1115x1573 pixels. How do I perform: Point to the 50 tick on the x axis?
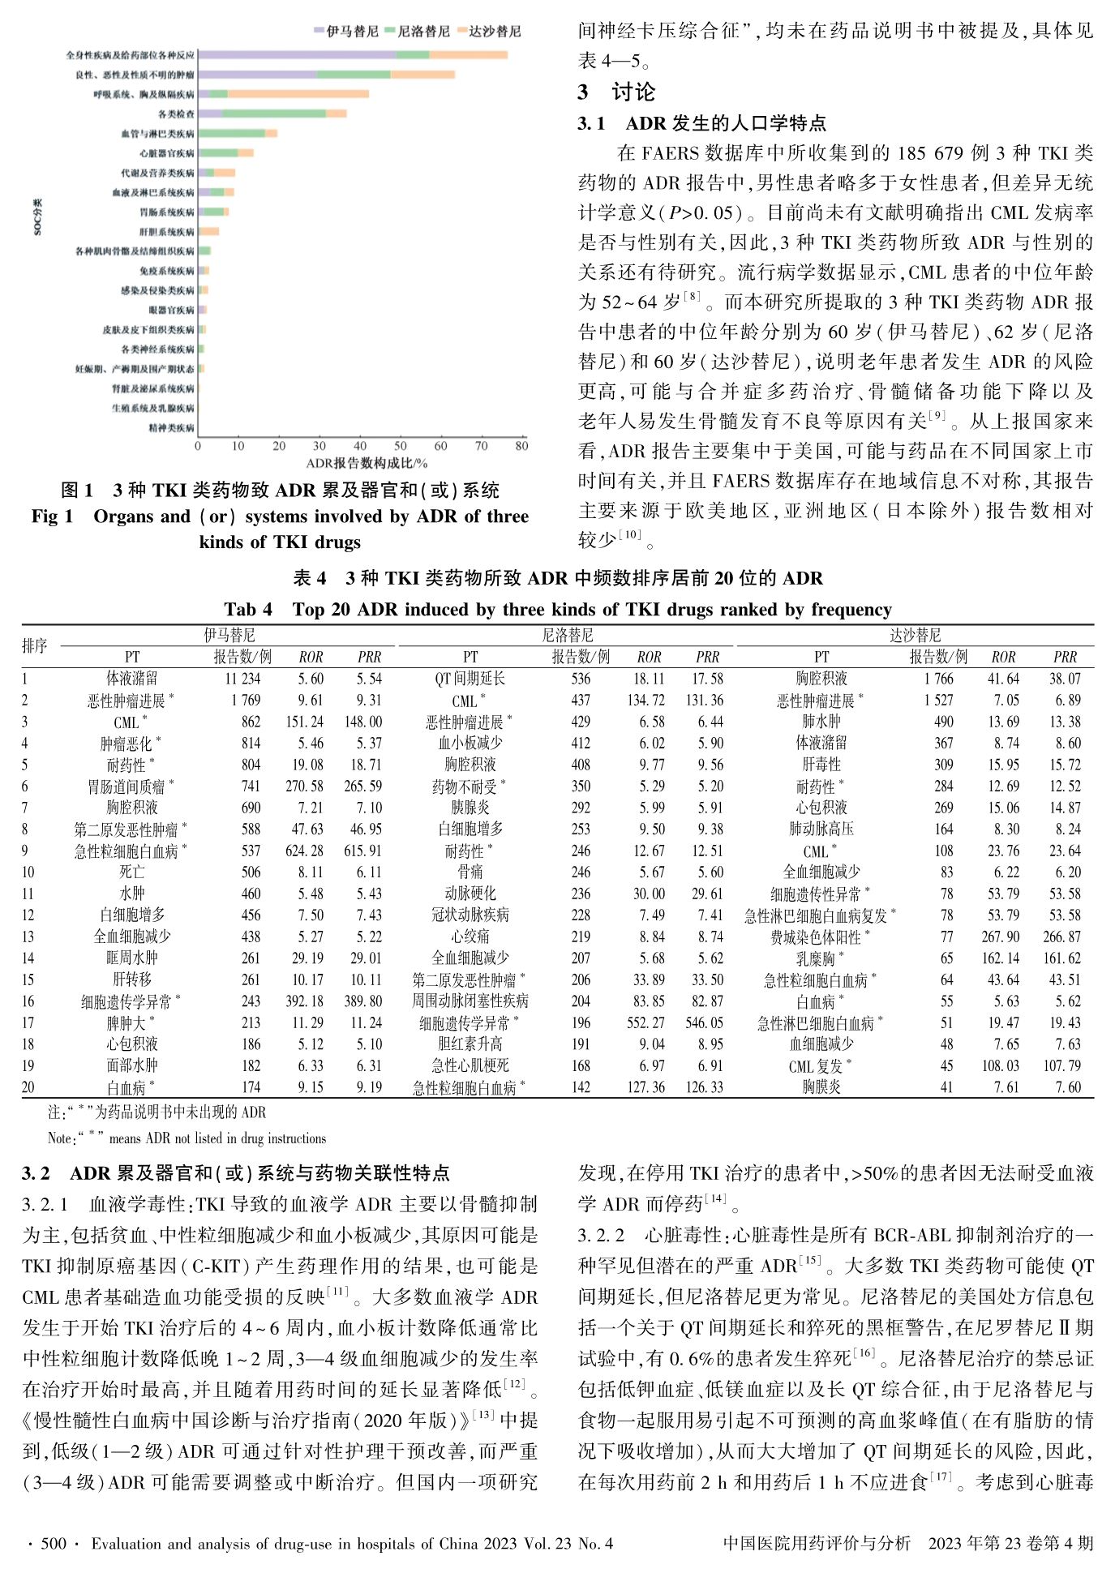[401, 446]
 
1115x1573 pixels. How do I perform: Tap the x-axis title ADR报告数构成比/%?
[367, 463]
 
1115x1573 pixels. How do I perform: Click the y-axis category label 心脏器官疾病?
[166, 153]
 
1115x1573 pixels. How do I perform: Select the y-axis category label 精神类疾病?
[171, 428]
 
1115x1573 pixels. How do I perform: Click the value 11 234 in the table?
[242, 679]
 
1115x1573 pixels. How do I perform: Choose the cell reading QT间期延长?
[470, 679]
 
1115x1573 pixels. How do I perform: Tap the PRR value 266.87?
[1065, 937]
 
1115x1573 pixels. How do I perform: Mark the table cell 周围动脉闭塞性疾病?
[470, 1001]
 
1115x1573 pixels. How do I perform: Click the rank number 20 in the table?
[29, 1087]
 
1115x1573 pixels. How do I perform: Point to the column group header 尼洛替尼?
[567, 636]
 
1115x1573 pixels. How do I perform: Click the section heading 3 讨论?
[616, 92]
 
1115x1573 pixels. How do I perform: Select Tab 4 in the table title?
[248, 610]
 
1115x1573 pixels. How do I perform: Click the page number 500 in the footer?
[54, 1543]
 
